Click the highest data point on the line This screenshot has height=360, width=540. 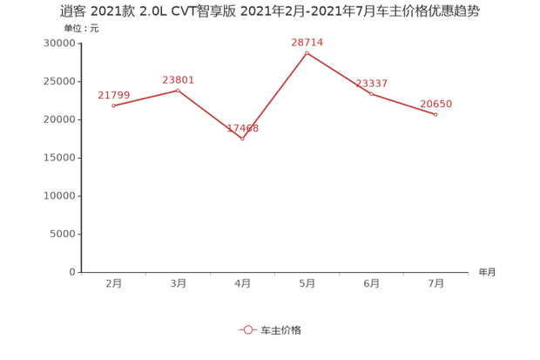(307, 52)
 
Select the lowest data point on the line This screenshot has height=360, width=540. (243, 139)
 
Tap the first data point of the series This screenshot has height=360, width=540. (114, 105)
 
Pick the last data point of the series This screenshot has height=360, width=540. (435, 114)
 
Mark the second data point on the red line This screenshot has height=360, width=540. (179, 90)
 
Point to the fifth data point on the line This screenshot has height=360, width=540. (372, 92)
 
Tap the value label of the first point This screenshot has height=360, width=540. (114, 94)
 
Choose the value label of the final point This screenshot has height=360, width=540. (435, 103)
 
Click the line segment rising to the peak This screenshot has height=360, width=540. (275, 95)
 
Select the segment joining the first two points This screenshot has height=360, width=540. (146, 98)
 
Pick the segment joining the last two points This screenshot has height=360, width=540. (404, 104)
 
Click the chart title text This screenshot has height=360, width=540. (270, 10)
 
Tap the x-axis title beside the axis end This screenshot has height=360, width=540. (486, 272)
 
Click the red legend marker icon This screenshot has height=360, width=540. (247, 330)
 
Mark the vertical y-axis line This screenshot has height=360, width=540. (80, 157)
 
